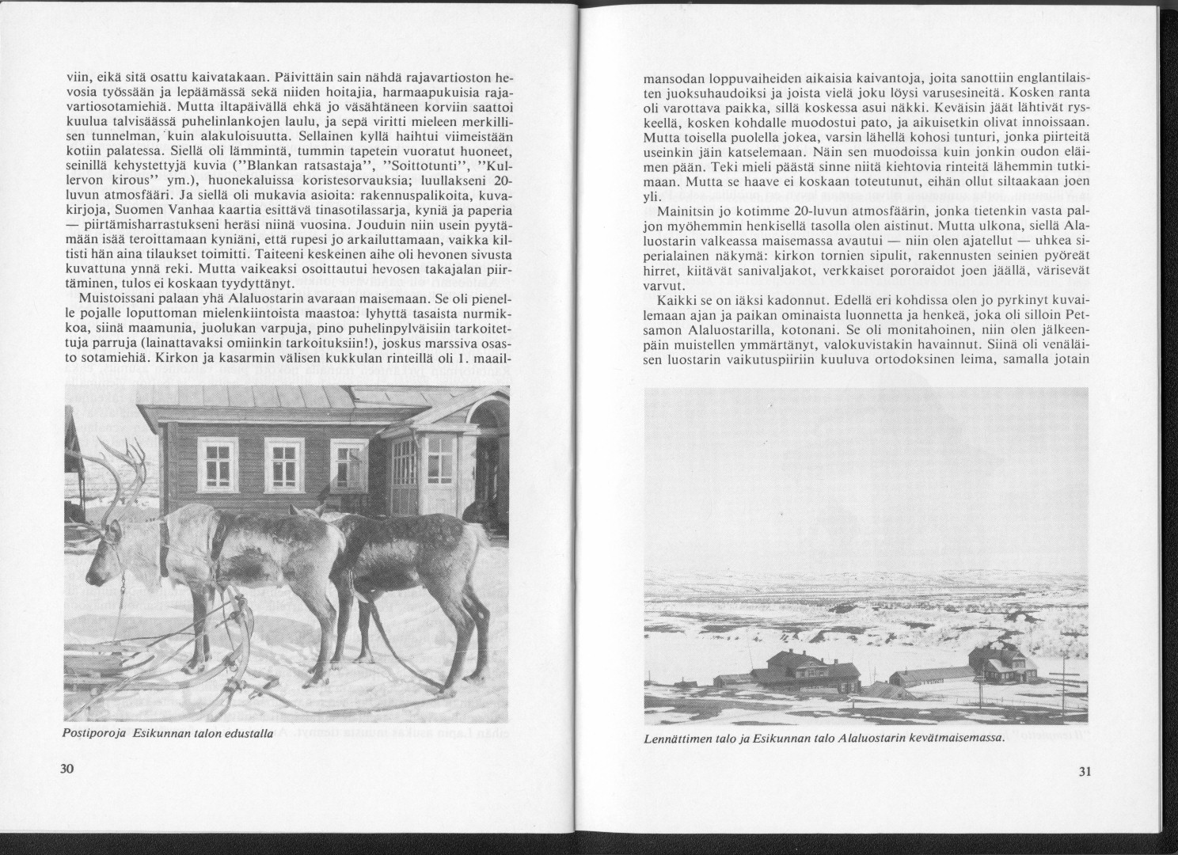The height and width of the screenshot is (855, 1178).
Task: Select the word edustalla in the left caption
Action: coord(249,735)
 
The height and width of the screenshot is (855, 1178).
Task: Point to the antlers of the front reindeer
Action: coord(119,467)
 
